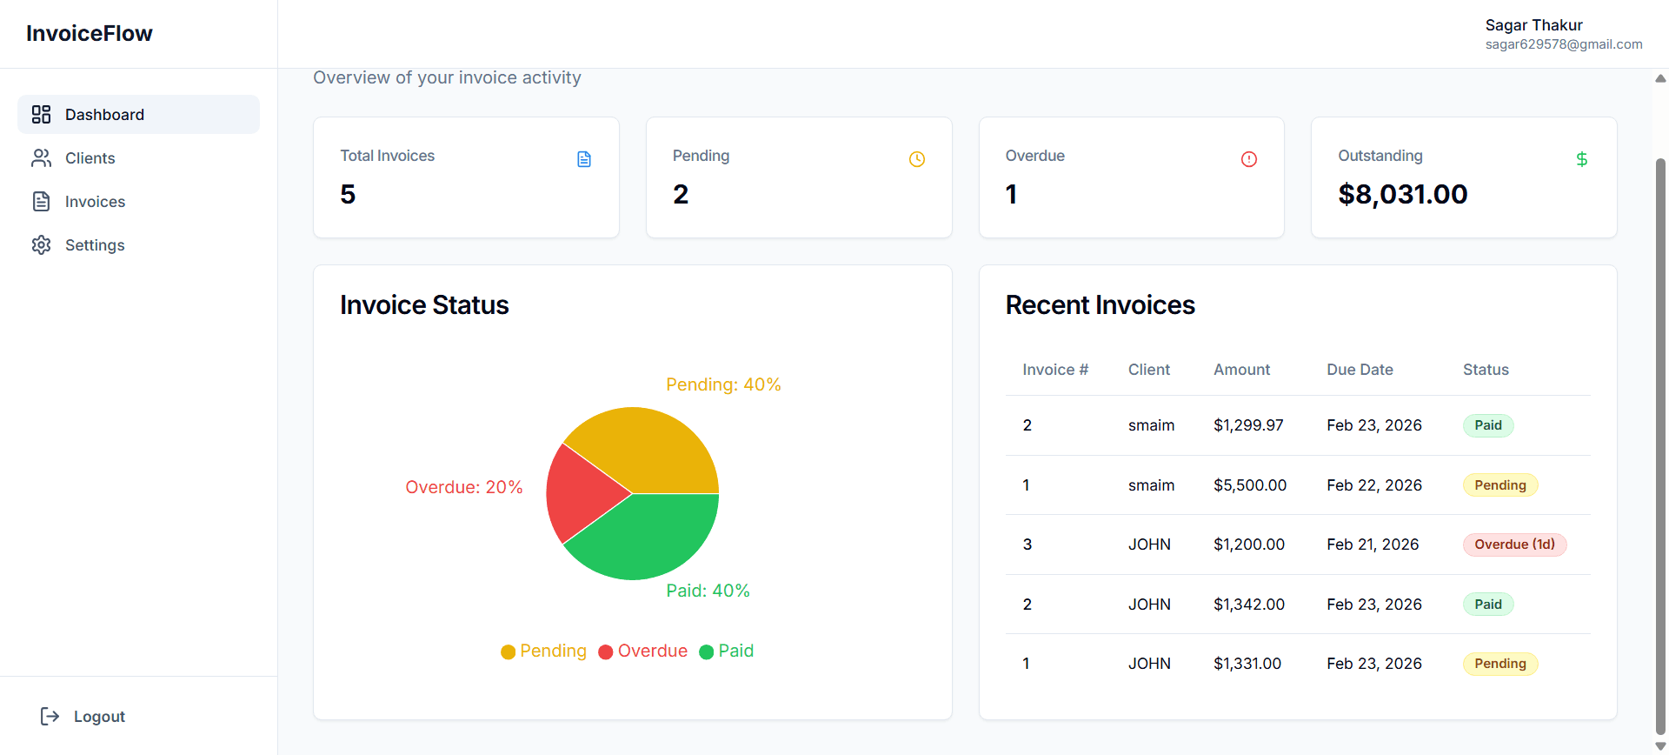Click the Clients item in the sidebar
[90, 158]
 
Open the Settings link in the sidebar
[94, 245]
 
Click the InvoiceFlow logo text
[90, 34]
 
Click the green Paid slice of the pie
[652, 535]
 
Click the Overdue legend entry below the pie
[643, 651]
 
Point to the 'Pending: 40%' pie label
[723, 384]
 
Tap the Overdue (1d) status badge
[1514, 545]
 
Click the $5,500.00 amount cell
[1250, 485]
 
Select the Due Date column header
[1360, 370]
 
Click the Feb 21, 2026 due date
[1373, 545]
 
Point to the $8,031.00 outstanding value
[1402, 194]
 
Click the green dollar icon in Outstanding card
[1582, 159]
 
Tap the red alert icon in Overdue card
[1249, 159]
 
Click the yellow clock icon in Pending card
[917, 159]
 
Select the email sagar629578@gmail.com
[1563, 44]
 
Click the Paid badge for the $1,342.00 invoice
[1487, 605]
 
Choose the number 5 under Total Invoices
[348, 194]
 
